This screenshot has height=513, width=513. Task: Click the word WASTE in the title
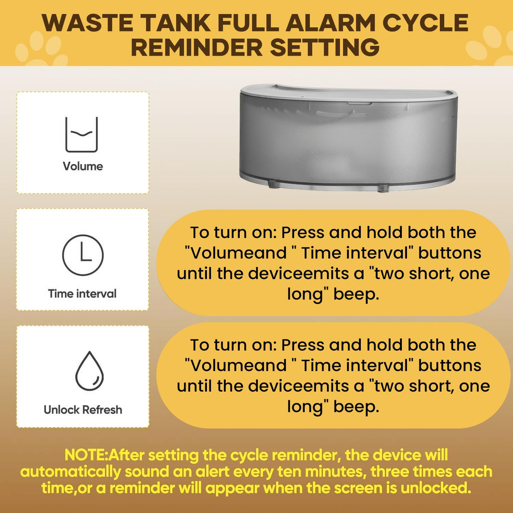(x=87, y=23)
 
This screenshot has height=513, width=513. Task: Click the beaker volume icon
(x=82, y=134)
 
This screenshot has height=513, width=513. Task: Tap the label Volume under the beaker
(x=83, y=166)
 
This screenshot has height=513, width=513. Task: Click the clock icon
(x=83, y=255)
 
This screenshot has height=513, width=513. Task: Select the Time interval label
(x=82, y=294)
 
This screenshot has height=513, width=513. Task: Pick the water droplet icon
(x=89, y=371)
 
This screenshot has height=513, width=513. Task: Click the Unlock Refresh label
(x=83, y=410)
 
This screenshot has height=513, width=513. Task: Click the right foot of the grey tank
(x=383, y=188)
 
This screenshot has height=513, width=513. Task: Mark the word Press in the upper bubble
(x=303, y=233)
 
